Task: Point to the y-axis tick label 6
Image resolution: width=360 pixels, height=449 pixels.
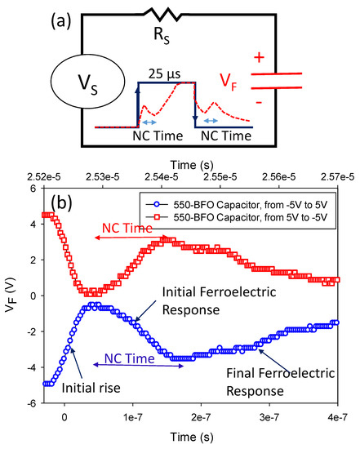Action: click(x=34, y=189)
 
